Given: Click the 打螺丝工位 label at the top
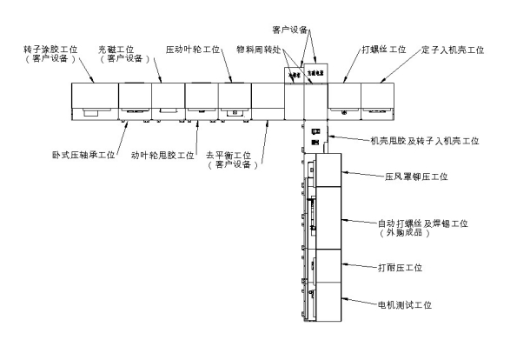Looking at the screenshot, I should pyautogui.click(x=383, y=50).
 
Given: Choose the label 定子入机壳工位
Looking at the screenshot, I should pyautogui.click(x=452, y=50).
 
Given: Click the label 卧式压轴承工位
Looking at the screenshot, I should pyautogui.click(x=83, y=155).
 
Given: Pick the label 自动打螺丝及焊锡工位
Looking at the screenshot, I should pyautogui.click(x=424, y=223).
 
